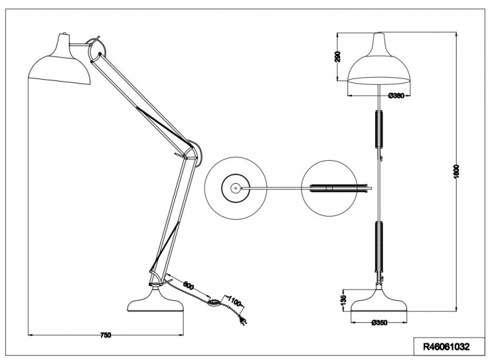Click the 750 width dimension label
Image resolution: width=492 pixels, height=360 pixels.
[105, 335]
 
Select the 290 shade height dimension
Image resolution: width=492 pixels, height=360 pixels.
[338, 57]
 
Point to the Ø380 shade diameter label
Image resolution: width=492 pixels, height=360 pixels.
[396, 96]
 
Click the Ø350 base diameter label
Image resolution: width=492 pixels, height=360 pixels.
[379, 323]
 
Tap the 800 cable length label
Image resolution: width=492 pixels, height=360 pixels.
[189, 285]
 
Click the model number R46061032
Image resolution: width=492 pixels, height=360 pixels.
[446, 346]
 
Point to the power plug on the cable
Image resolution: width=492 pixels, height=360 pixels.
[244, 321]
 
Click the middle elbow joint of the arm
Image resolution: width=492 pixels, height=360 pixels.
[192, 153]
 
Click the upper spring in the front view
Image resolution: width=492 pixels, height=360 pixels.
[379, 129]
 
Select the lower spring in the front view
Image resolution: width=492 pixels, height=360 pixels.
[379, 247]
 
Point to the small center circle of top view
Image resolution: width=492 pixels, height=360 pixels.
[235, 188]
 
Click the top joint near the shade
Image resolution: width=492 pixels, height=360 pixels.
[94, 50]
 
